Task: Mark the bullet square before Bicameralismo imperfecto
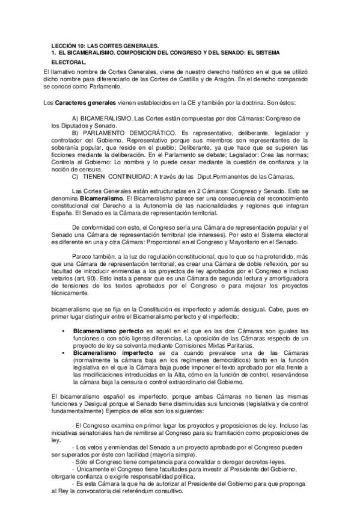pos(64,353)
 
